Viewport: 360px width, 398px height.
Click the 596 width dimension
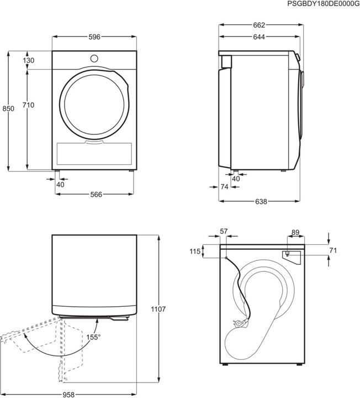pyautogui.click(x=94, y=37)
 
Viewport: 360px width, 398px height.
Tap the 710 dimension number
pyautogui.click(x=29, y=105)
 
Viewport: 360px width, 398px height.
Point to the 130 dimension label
pyautogui.click(x=29, y=60)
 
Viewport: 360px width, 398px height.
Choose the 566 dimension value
pyautogui.click(x=94, y=194)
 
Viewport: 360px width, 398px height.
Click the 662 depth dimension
pyautogui.click(x=259, y=25)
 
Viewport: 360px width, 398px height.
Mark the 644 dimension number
pyautogui.click(x=259, y=37)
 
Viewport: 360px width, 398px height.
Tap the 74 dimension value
pyautogui.click(x=224, y=187)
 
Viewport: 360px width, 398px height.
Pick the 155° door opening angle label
pyautogui.click(x=93, y=336)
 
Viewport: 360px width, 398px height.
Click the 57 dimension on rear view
pyautogui.click(x=224, y=231)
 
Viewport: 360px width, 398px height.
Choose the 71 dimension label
pyautogui.click(x=332, y=250)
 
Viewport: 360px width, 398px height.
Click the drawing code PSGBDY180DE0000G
pyautogui.click(x=323, y=4)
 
